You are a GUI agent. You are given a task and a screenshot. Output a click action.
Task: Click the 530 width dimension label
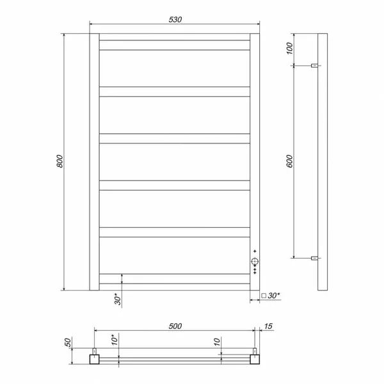(175, 20)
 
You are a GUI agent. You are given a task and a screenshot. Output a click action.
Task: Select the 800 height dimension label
(60, 161)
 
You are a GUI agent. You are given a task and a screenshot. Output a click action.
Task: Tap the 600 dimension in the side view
(289, 161)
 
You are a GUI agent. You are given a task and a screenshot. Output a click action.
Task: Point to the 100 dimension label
(289, 48)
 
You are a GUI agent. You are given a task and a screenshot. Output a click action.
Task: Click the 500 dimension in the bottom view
(175, 326)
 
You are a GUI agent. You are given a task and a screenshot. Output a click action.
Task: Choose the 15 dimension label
(268, 326)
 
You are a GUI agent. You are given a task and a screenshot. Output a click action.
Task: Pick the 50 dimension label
(68, 342)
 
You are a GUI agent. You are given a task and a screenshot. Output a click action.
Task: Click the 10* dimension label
(115, 340)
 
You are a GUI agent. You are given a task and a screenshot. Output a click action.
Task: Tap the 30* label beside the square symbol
(273, 296)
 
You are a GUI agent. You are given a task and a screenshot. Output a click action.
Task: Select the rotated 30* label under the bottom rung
(118, 299)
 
